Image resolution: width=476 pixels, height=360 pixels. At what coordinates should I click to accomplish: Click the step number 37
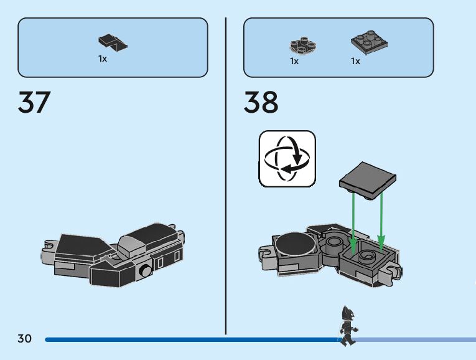[34, 102]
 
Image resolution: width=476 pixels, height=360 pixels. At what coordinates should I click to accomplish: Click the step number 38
[261, 102]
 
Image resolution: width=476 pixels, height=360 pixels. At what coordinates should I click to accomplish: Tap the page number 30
[24, 339]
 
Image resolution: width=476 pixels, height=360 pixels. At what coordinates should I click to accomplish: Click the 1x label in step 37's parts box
[102, 59]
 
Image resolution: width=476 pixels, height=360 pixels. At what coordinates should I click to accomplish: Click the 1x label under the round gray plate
[294, 61]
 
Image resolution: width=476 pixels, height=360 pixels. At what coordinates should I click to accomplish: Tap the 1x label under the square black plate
[355, 61]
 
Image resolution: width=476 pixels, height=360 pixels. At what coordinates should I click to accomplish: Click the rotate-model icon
[287, 158]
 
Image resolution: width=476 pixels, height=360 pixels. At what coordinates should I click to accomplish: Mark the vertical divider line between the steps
[225, 174]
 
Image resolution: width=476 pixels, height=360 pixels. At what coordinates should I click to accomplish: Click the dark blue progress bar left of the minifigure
[187, 339]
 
